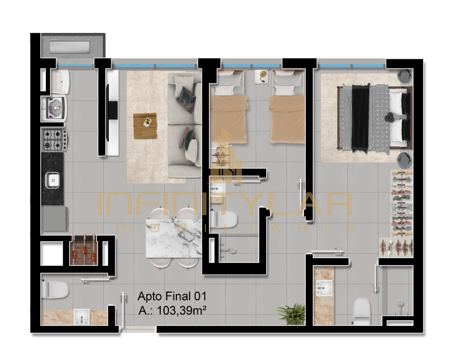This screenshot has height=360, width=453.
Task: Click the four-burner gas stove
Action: click(x=55, y=139)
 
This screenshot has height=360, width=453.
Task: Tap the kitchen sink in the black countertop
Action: click(x=52, y=180)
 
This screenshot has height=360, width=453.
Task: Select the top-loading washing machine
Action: click(x=54, y=108)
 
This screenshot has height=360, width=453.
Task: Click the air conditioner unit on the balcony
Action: click(x=69, y=46)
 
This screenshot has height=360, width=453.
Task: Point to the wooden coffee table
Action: click(x=145, y=126)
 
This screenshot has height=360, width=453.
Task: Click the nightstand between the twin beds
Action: click(x=263, y=77)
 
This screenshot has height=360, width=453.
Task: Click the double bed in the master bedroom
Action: click(x=374, y=117)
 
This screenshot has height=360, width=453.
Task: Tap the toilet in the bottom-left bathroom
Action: click(x=55, y=290)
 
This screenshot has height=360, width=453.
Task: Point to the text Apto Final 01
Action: click(x=172, y=296)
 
